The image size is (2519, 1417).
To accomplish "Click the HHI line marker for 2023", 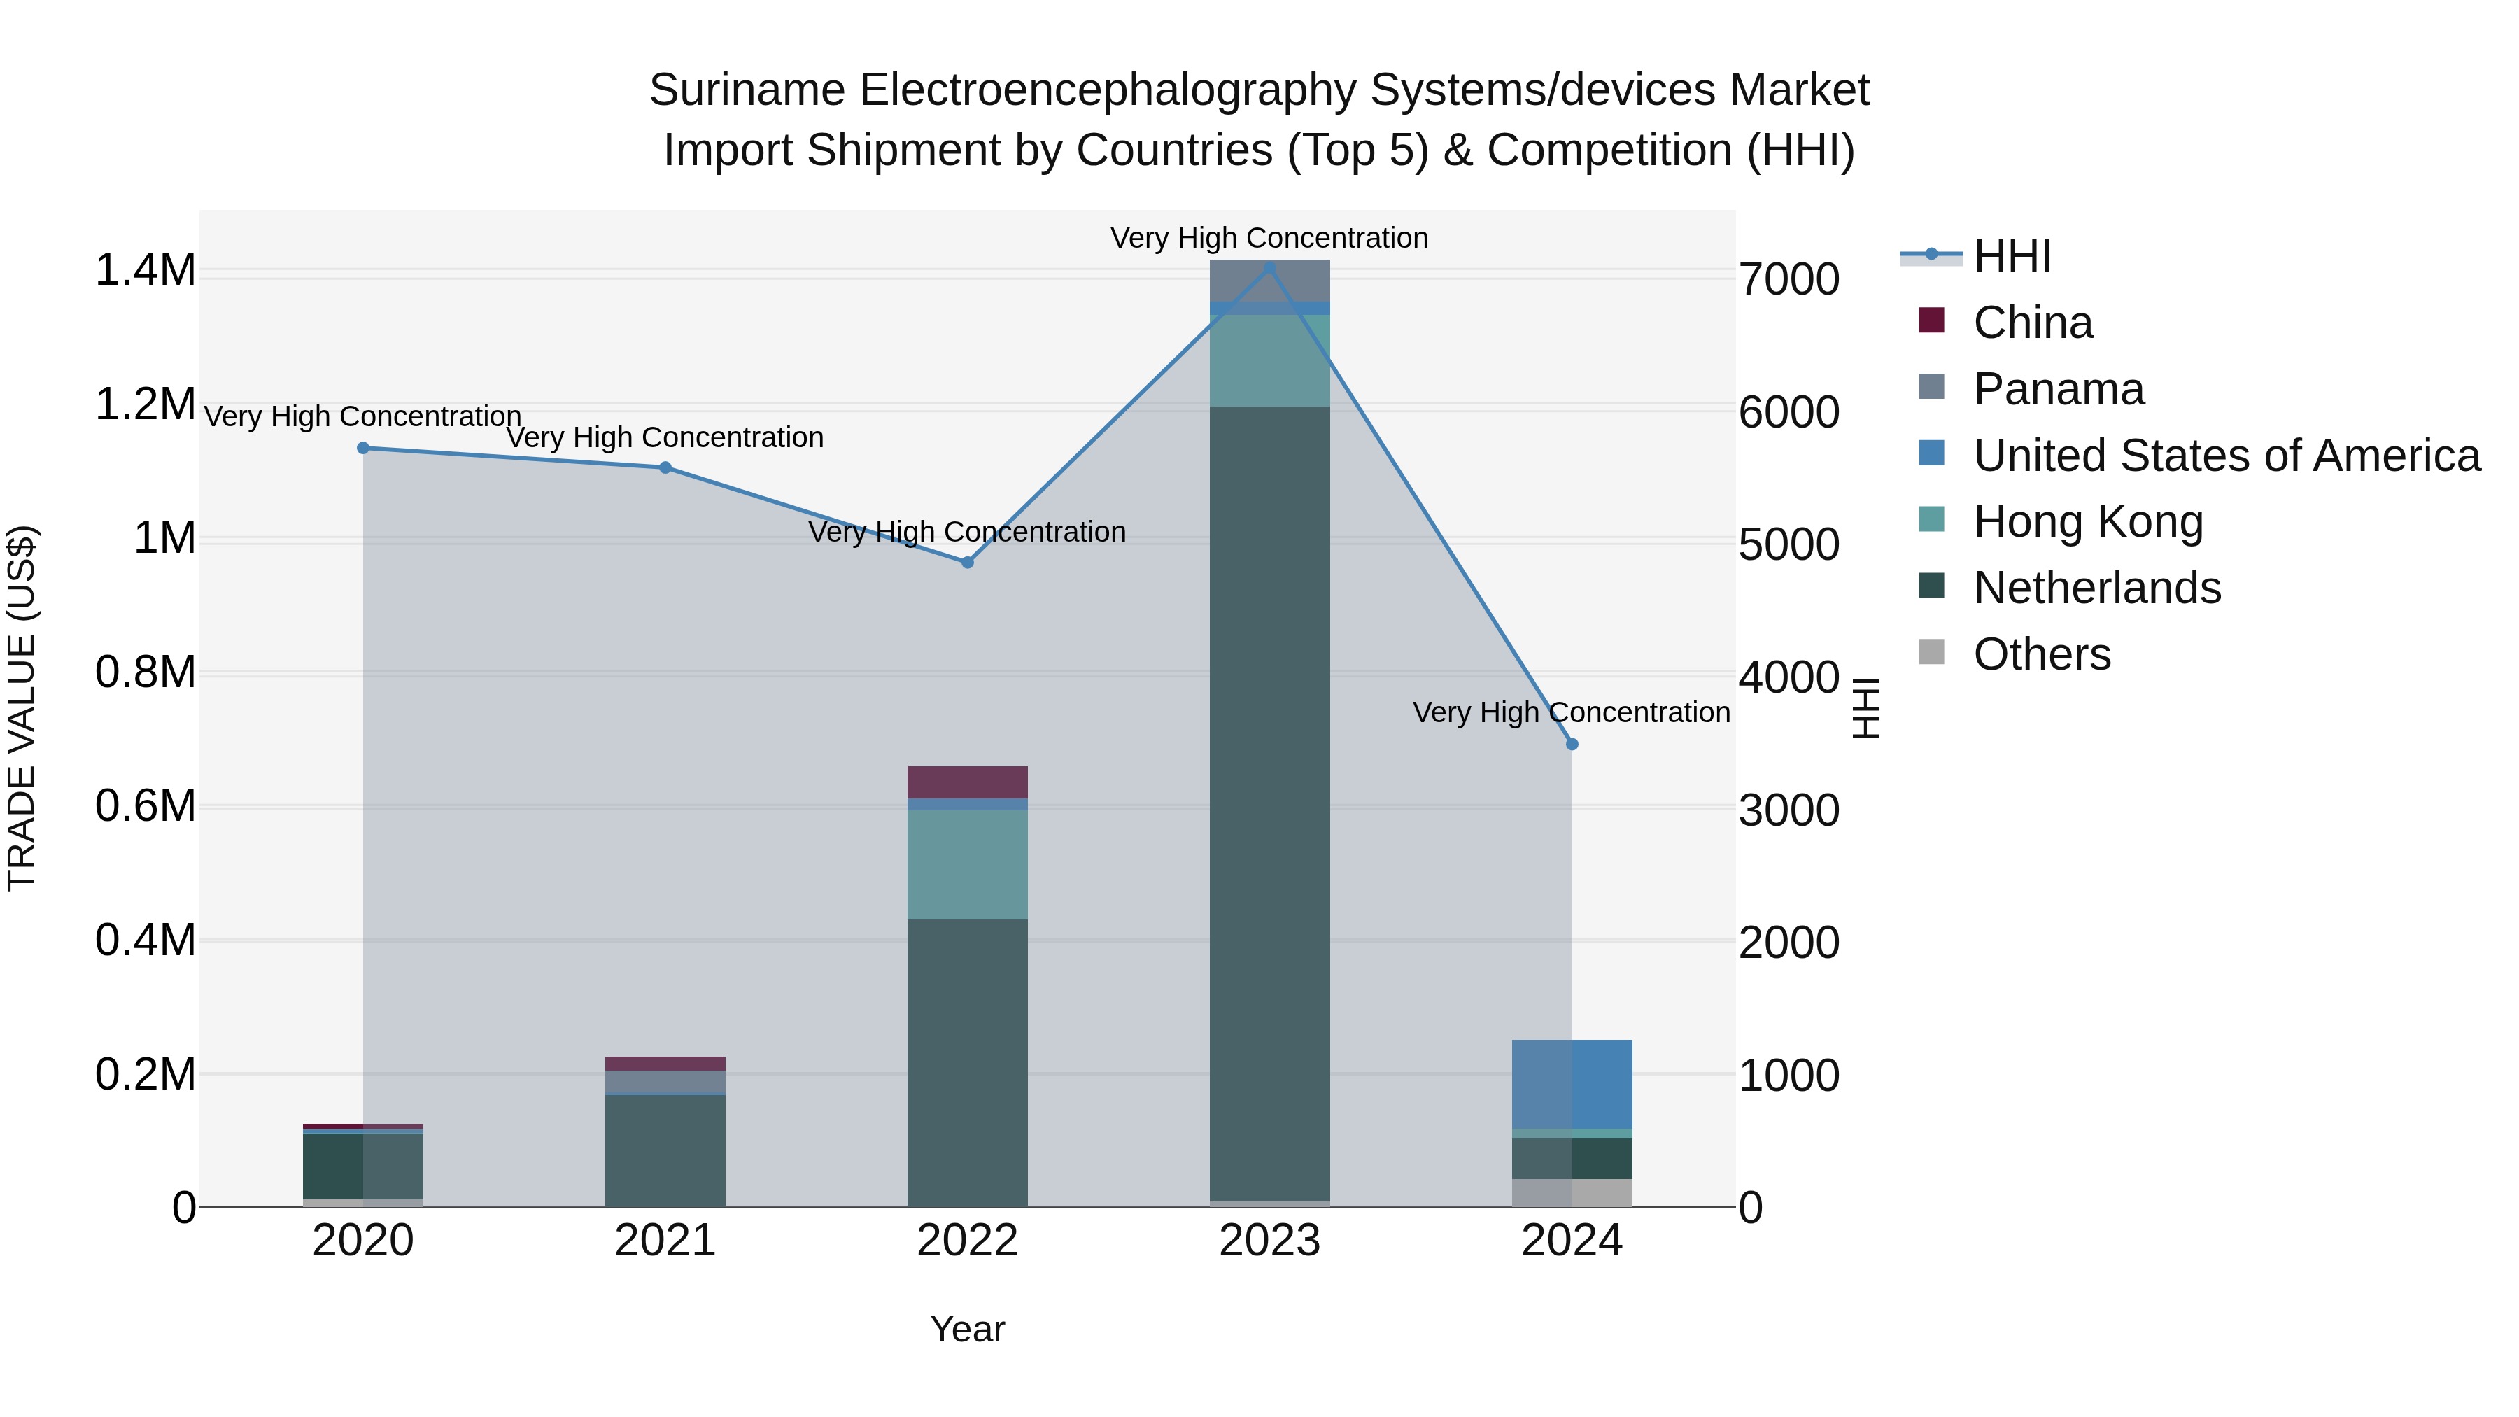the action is pos(1269,267).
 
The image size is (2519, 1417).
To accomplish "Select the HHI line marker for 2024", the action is pos(1572,745).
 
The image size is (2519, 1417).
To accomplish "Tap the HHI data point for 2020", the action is pos(362,448).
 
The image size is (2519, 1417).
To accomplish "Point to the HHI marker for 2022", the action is pos(967,563).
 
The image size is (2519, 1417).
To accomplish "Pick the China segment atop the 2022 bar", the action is pos(967,782).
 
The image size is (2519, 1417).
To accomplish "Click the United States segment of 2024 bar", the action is pos(1572,1083).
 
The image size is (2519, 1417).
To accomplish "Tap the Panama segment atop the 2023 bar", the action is pos(1269,281).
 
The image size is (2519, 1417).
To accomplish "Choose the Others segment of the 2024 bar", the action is pos(1572,1192).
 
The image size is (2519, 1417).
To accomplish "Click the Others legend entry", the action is pos(2041,654).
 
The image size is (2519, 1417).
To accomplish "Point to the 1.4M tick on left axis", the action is pos(145,270).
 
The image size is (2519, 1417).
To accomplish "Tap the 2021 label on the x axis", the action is pos(665,1241).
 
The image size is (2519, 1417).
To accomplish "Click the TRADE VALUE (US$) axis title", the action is pos(22,708).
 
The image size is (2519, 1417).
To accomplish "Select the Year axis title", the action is pos(967,1329).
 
